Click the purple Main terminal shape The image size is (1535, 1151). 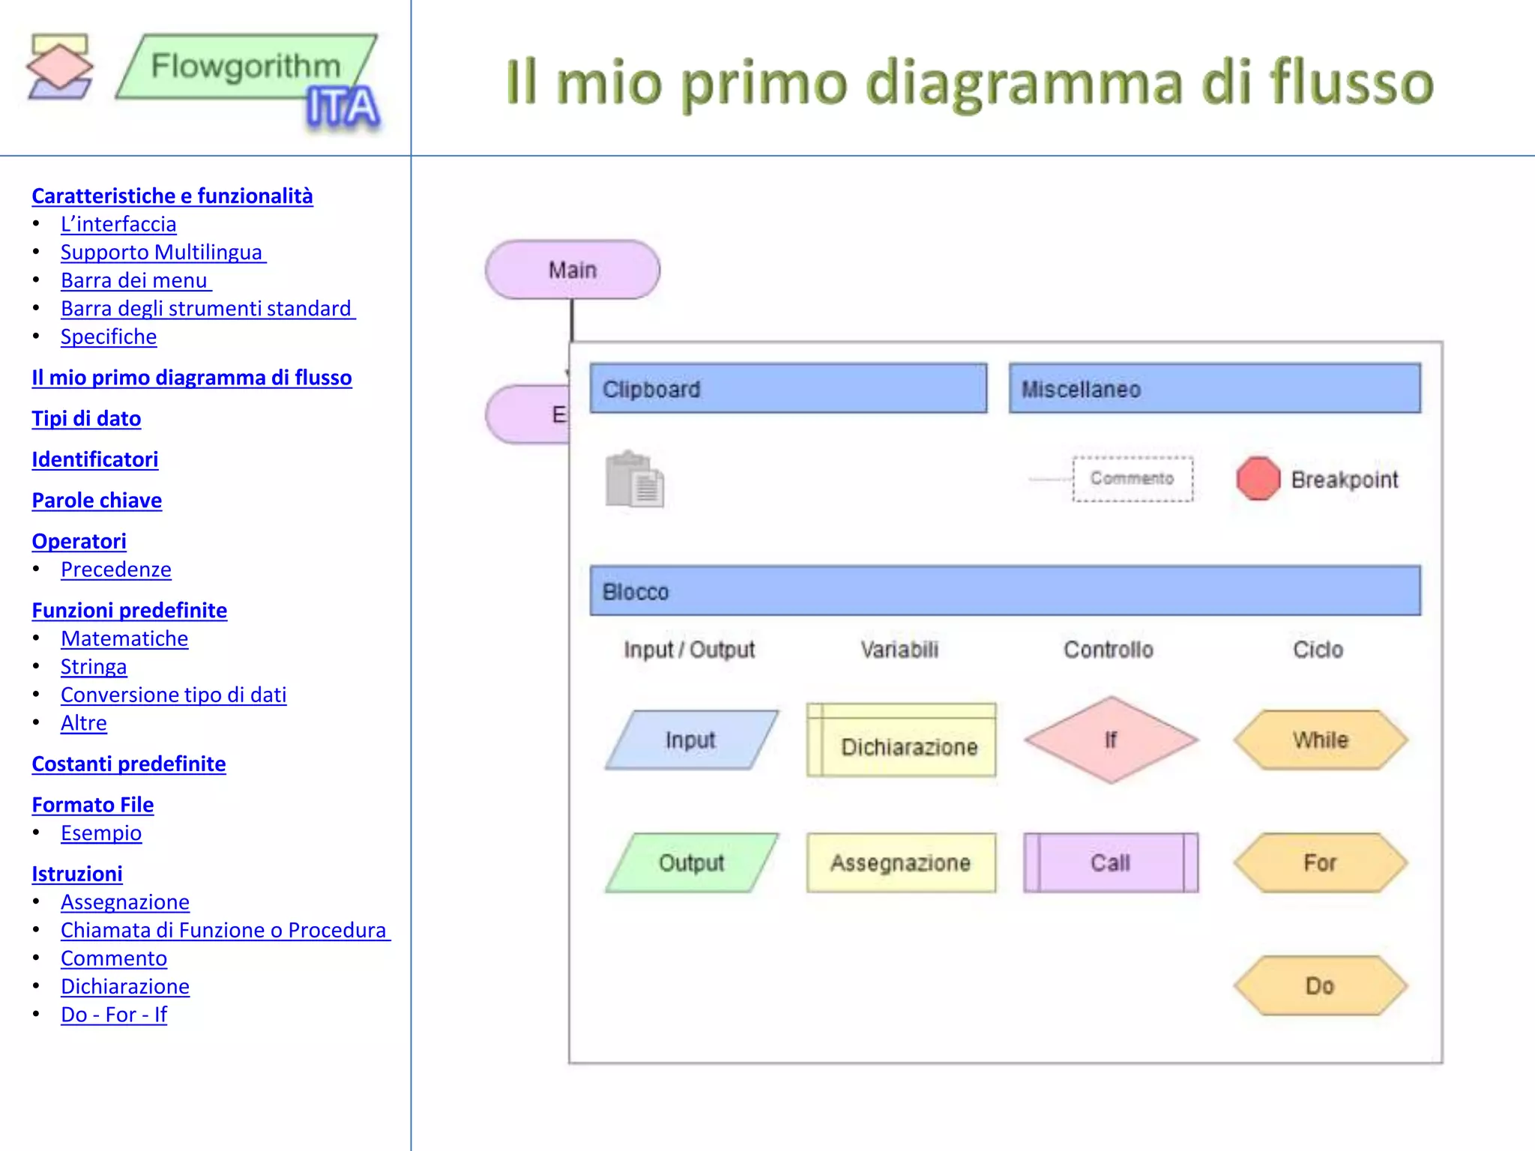[573, 270]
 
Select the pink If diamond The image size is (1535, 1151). [1111, 740]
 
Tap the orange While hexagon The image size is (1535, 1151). [1320, 740]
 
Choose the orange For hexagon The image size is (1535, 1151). [1320, 863]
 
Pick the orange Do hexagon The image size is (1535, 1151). [1320, 986]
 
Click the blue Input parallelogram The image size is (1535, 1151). [691, 740]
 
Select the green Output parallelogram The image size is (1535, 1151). [691, 863]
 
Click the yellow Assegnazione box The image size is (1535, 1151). [901, 863]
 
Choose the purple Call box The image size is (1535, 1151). [1111, 863]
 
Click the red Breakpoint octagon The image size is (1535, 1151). [1258, 479]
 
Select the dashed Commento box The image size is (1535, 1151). [1132, 479]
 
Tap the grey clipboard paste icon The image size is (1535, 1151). [634, 480]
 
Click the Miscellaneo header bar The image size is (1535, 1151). [1214, 389]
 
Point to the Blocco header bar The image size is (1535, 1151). [1004, 591]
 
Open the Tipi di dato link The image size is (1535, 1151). [86, 418]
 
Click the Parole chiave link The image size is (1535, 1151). [97, 500]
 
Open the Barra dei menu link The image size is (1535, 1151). [134, 280]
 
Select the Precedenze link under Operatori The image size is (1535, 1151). [116, 570]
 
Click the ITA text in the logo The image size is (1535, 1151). [343, 108]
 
